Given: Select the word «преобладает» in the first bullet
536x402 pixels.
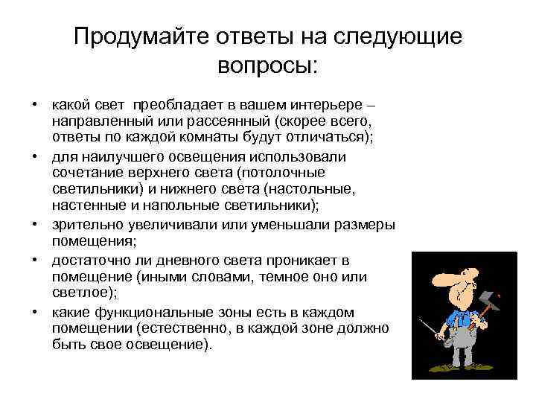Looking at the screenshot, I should tap(173, 105).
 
